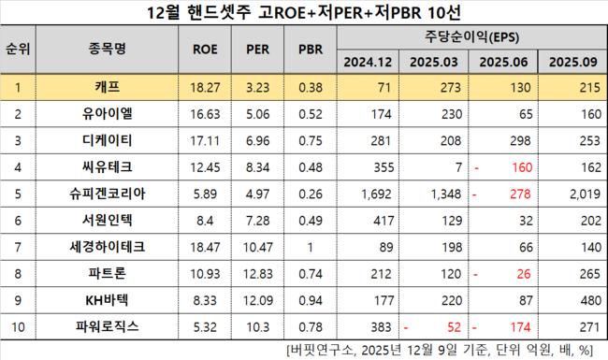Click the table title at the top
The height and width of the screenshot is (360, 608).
[304, 13]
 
